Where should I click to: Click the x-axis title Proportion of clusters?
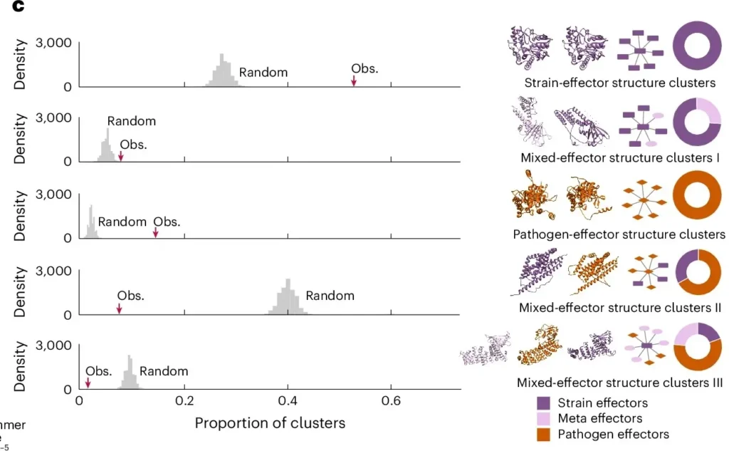[x=270, y=423]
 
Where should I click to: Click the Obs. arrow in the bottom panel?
[x=88, y=383]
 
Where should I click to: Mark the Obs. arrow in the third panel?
[x=156, y=232]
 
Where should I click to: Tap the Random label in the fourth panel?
[x=330, y=296]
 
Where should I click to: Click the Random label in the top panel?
[x=263, y=72]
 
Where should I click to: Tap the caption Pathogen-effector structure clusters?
[x=619, y=234]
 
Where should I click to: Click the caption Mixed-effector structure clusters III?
[x=619, y=383]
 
